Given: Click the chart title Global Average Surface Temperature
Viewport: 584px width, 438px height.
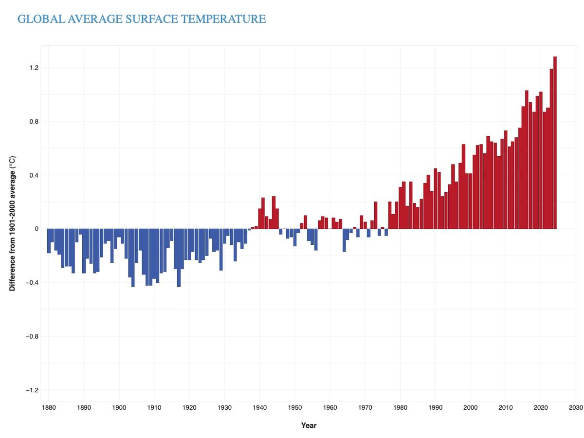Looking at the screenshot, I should click(141, 19).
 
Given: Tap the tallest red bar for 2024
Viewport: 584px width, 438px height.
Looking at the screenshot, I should click(555, 146).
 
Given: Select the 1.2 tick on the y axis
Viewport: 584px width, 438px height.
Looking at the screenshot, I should click(34, 68).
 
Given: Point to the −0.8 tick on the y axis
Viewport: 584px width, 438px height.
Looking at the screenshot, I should click(32, 336).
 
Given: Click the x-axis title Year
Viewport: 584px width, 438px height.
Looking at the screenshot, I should click(309, 425).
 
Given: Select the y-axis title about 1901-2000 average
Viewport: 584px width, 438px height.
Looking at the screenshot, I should click(13, 223).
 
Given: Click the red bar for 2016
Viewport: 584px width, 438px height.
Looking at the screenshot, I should click(527, 161).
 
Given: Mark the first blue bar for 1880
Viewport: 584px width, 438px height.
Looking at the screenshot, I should click(49, 241).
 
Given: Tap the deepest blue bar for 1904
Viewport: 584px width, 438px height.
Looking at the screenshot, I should click(133, 258).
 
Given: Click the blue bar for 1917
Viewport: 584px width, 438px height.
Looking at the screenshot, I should click(179, 258).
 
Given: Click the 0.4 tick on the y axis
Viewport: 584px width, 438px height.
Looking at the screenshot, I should click(34, 175).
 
